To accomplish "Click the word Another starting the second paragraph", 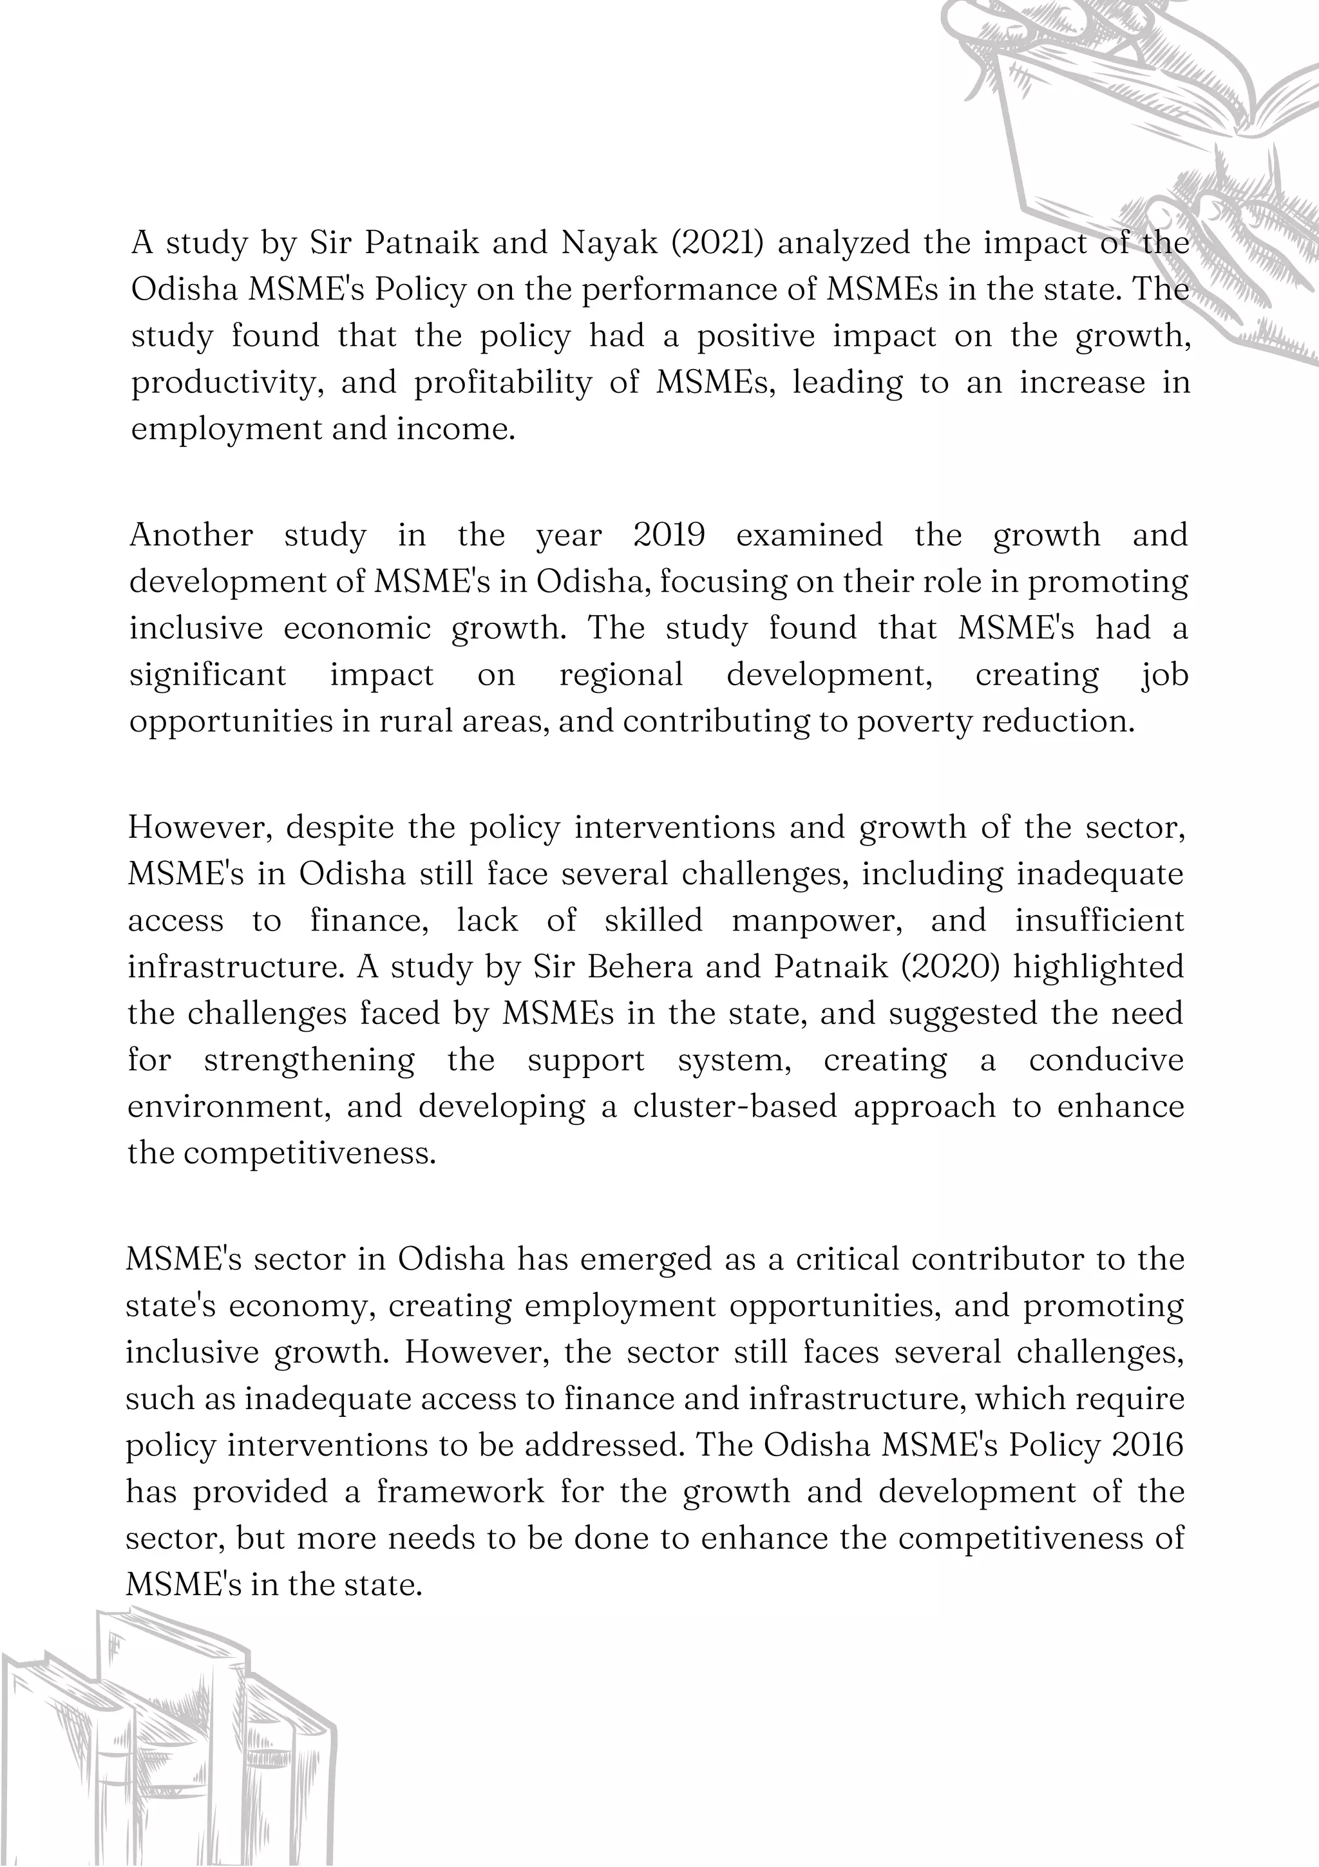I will click(x=191, y=535).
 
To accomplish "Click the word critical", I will click(x=848, y=1260).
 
